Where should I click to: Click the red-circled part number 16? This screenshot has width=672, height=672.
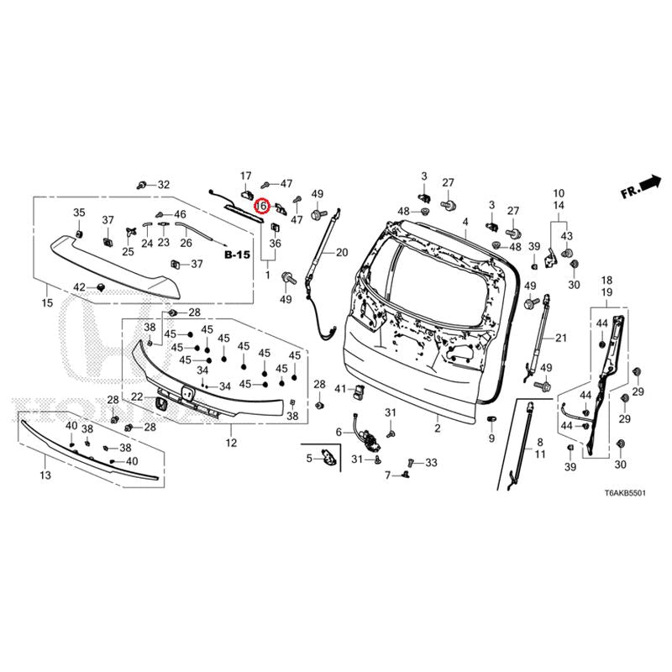(261, 205)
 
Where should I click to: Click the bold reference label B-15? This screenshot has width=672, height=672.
(237, 253)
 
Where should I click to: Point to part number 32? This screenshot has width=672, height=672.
(163, 185)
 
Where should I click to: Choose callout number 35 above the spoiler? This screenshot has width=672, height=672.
(79, 212)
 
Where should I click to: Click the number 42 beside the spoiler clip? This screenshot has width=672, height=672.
(79, 287)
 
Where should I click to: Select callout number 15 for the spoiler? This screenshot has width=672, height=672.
(47, 302)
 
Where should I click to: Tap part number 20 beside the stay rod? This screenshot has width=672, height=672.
(341, 252)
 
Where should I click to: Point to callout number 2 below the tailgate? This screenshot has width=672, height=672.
(438, 428)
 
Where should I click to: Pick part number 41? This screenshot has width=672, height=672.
(340, 390)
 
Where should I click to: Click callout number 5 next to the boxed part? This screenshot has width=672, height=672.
(308, 458)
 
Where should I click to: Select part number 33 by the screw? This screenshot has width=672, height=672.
(431, 463)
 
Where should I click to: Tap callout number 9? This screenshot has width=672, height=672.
(491, 438)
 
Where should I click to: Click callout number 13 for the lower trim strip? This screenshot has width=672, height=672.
(45, 475)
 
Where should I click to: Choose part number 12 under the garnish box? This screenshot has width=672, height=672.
(231, 442)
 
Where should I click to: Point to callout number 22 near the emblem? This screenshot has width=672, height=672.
(137, 396)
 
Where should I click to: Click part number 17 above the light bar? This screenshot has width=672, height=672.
(246, 176)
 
